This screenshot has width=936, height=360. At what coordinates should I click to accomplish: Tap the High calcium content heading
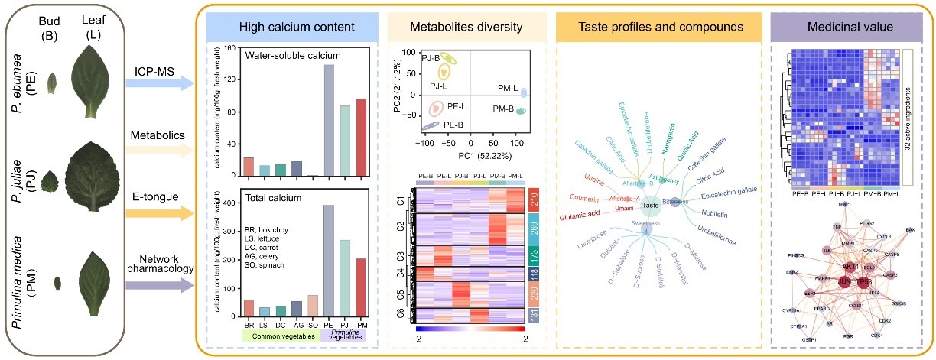click(x=286, y=28)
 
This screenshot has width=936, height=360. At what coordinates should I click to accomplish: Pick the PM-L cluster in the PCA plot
click(x=525, y=93)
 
